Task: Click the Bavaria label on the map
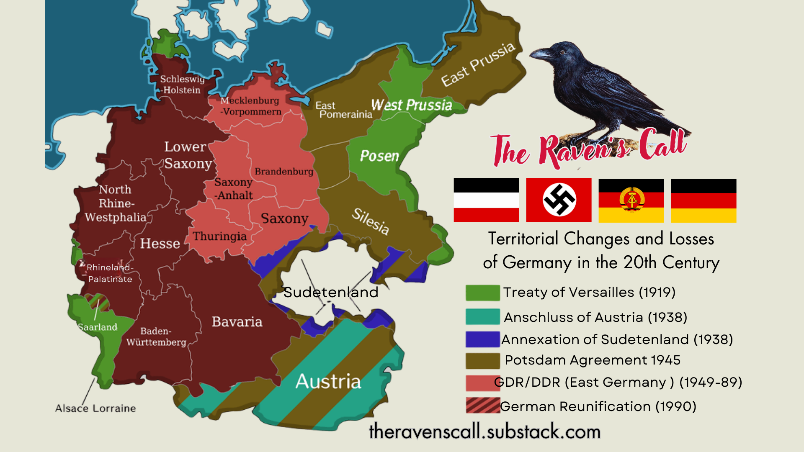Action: [x=237, y=321]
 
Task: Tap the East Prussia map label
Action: [x=478, y=64]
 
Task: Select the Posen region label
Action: [x=379, y=156]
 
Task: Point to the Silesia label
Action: [x=371, y=221]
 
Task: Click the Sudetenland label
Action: [x=331, y=292]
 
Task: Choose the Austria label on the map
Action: [x=328, y=381]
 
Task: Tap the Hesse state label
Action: [x=160, y=243]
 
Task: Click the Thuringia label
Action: [x=219, y=236]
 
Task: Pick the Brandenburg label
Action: [x=284, y=172]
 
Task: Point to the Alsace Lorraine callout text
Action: [x=95, y=408]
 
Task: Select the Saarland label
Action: [x=98, y=327]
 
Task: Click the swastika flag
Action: [x=559, y=200]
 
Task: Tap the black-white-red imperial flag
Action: [x=486, y=200]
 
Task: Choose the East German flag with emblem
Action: [x=631, y=200]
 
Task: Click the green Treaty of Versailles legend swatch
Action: [x=482, y=293]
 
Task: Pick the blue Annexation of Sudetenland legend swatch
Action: [x=482, y=339]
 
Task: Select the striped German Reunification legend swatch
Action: [x=483, y=406]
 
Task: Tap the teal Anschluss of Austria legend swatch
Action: [x=482, y=317]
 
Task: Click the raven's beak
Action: [x=539, y=54]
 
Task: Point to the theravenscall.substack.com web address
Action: [x=484, y=431]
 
